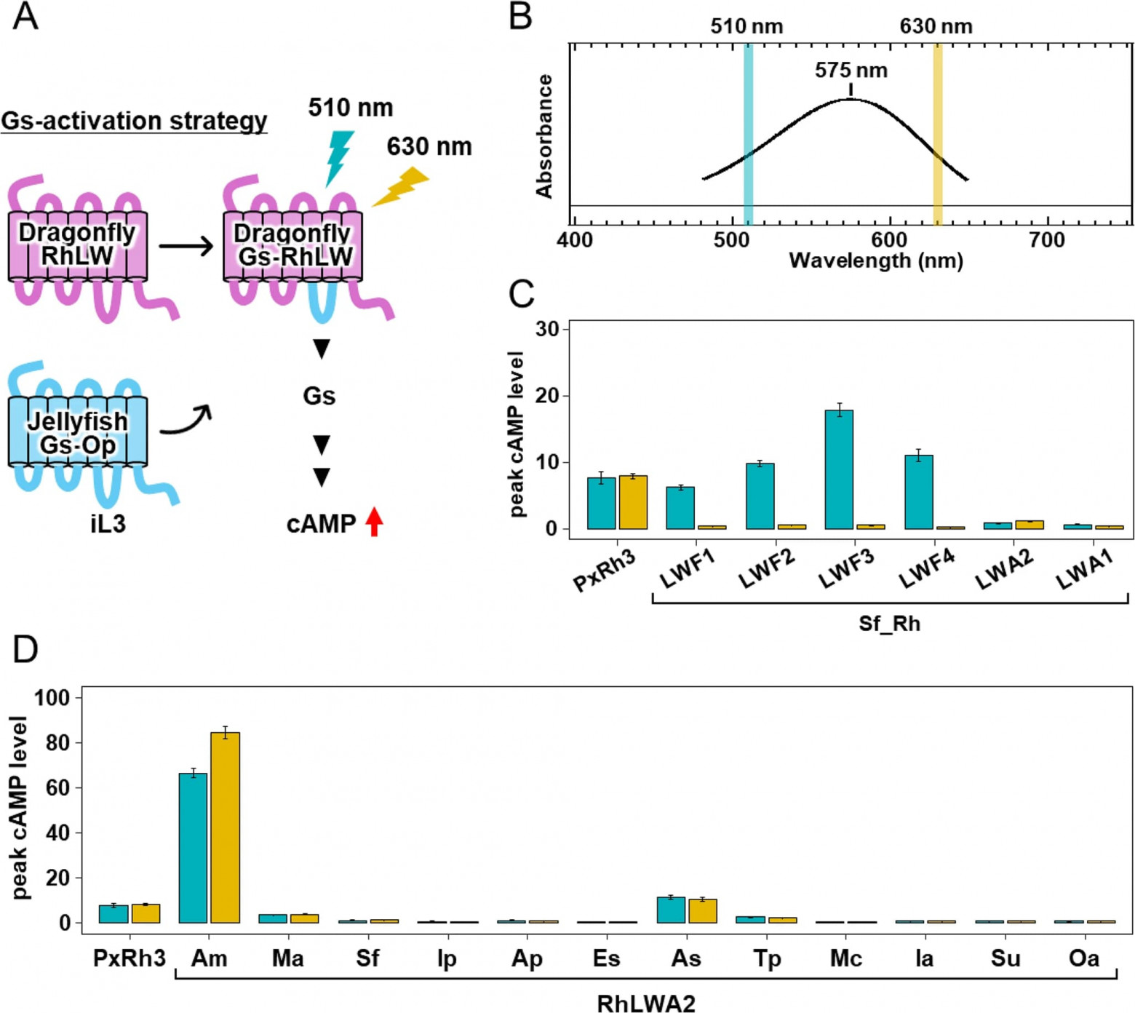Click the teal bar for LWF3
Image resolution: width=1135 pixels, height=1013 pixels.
[839, 469]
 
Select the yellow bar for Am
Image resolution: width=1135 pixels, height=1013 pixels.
[225, 827]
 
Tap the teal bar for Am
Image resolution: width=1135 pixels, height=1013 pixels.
[193, 848]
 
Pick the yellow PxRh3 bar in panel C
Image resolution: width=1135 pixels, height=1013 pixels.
[633, 502]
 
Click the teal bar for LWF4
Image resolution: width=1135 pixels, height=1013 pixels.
[919, 492]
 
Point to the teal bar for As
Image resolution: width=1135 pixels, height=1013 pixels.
[671, 910]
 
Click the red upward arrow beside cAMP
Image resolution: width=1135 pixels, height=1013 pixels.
[374, 522]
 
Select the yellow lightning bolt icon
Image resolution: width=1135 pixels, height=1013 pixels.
[399, 186]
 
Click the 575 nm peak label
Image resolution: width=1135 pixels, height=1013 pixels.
[851, 71]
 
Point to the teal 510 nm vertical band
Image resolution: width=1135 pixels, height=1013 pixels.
[748, 135]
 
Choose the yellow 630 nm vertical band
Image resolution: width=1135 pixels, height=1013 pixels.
[938, 135]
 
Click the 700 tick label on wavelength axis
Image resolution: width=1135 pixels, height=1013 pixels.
[1047, 239]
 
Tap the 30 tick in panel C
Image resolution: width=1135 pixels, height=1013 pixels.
[547, 329]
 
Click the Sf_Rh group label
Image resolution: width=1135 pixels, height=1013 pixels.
[889, 624]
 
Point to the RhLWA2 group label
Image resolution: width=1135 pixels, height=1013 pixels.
[646, 1004]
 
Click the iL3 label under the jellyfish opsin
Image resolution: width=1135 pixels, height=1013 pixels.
[108, 523]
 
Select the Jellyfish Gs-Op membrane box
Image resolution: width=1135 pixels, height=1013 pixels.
[78, 432]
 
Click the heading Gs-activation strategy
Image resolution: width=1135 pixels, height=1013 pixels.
[134, 121]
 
